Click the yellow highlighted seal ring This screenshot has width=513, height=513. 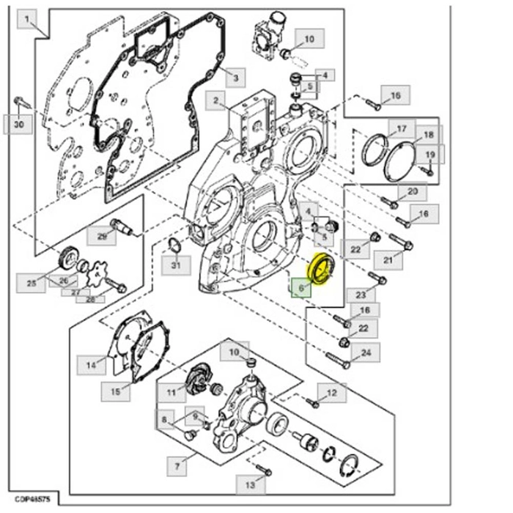320,268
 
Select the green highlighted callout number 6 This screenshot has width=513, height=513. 300,288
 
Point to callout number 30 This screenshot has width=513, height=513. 18,125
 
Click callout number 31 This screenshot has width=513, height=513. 175,265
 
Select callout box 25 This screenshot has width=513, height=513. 32,283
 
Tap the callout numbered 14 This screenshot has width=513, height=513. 92,364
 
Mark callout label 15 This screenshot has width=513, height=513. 115,391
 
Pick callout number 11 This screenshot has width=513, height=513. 171,393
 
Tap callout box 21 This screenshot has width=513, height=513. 388,259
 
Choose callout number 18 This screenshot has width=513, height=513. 429,136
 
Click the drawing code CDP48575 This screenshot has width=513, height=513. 31,498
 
